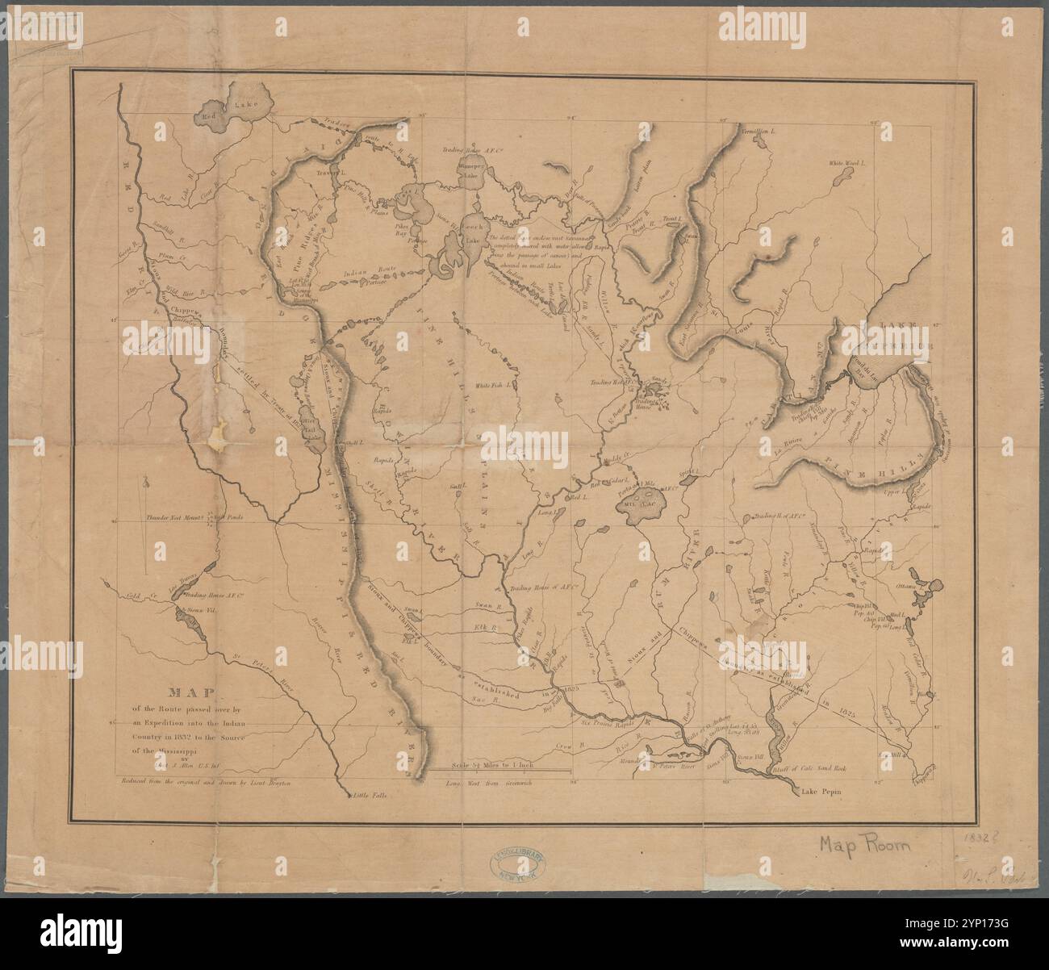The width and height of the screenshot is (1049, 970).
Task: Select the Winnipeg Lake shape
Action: (467, 171)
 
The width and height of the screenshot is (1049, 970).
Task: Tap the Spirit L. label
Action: (722, 467)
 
